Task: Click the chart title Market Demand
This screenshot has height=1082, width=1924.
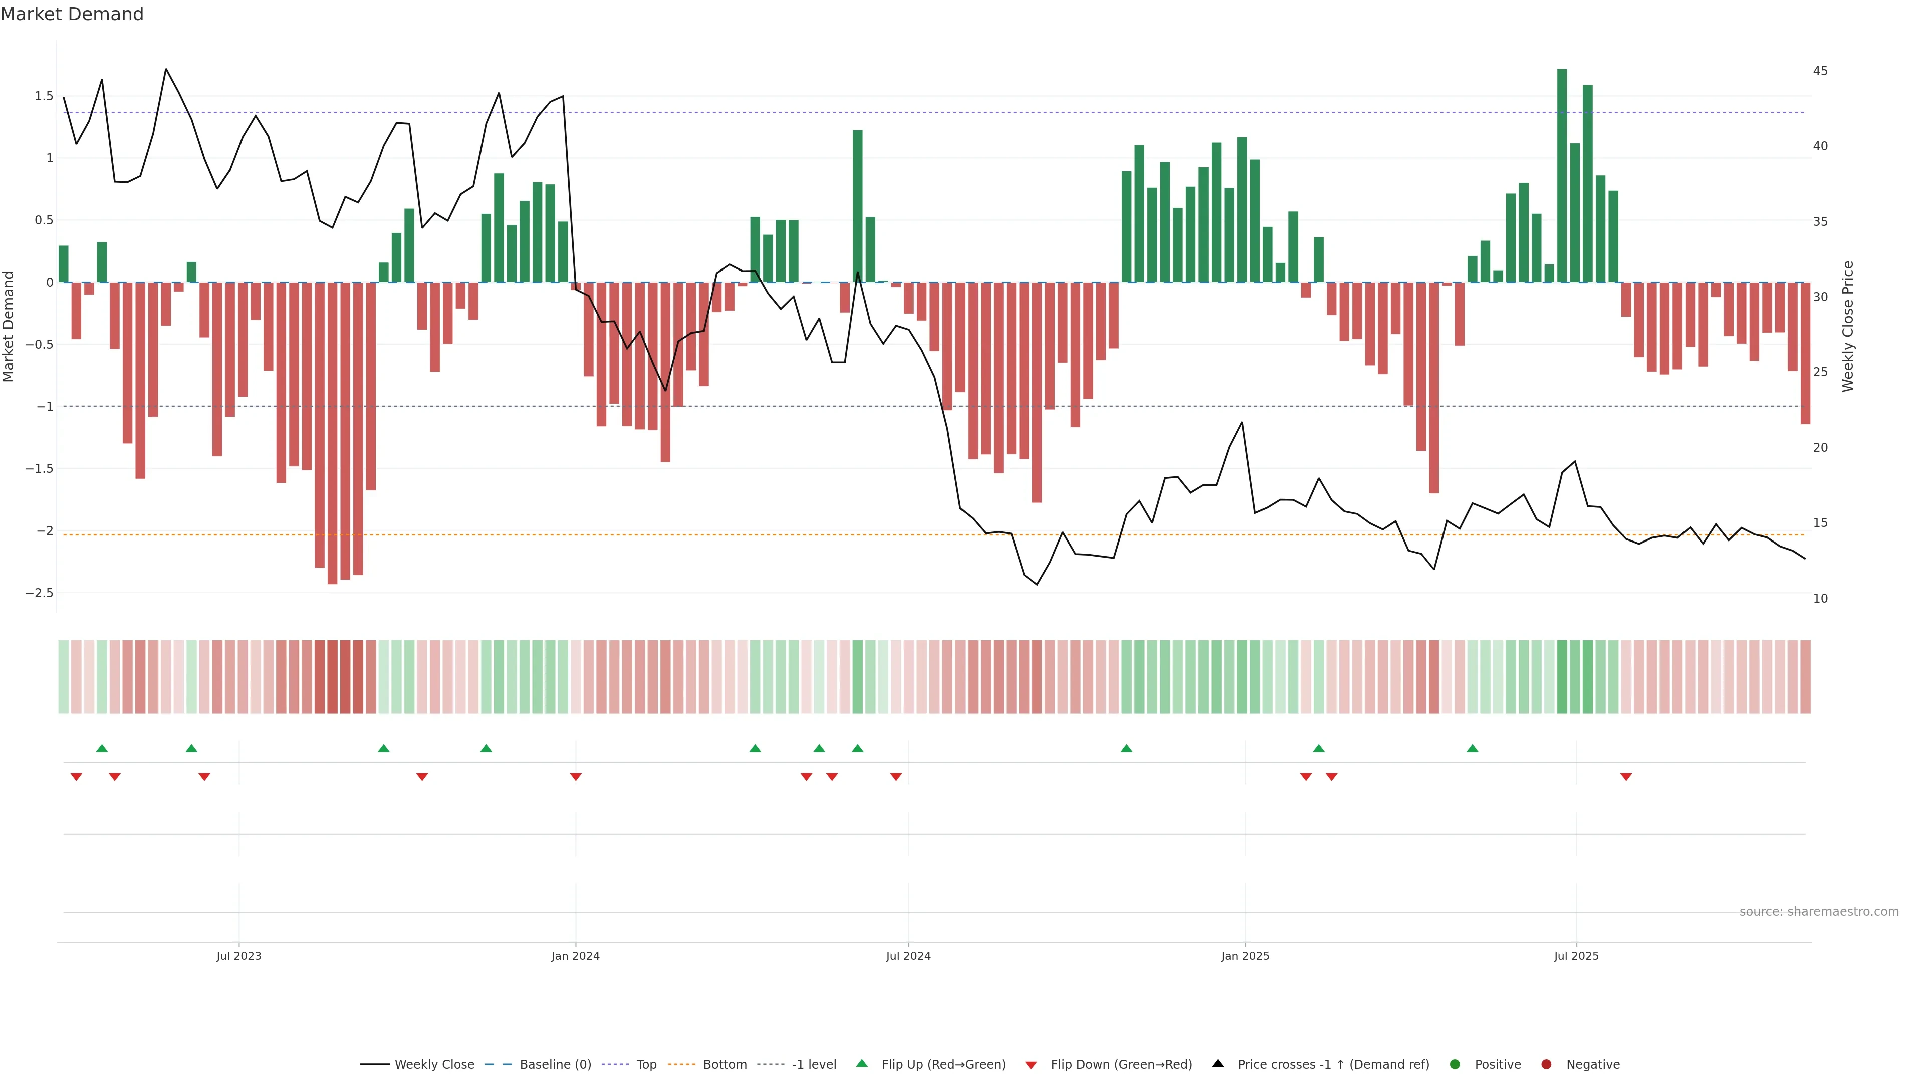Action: pyautogui.click(x=72, y=14)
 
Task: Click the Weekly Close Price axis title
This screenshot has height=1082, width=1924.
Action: pyautogui.click(x=1848, y=326)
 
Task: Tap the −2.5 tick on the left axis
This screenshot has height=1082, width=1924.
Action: pyautogui.click(x=40, y=593)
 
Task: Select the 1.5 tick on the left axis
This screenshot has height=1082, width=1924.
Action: pyautogui.click(x=44, y=96)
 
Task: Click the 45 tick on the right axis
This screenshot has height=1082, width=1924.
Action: pyautogui.click(x=1820, y=71)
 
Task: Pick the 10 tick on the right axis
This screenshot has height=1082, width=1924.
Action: pyautogui.click(x=1820, y=598)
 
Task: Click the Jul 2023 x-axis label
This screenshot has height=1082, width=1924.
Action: pyautogui.click(x=239, y=956)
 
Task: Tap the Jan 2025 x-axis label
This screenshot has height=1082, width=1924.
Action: pyautogui.click(x=1245, y=956)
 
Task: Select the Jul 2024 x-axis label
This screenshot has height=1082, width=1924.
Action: pyautogui.click(x=908, y=956)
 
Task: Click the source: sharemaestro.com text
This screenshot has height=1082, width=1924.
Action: pyautogui.click(x=1819, y=912)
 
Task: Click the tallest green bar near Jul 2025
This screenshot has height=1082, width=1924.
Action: pyautogui.click(x=1562, y=175)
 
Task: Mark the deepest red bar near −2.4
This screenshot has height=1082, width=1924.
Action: pyautogui.click(x=332, y=433)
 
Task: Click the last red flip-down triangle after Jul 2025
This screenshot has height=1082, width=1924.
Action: pyautogui.click(x=1626, y=777)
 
